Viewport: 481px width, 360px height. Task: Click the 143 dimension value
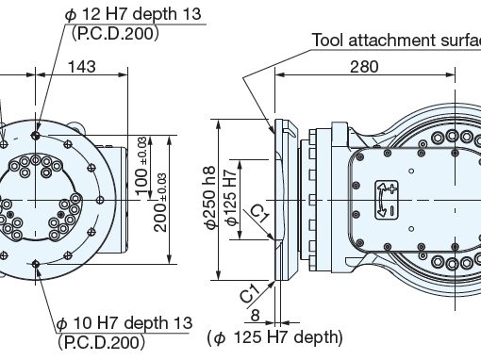[82, 67]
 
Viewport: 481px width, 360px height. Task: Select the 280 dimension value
[364, 67]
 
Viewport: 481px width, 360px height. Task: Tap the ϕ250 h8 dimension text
[209, 197]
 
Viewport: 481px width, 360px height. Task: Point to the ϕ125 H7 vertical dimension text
[231, 198]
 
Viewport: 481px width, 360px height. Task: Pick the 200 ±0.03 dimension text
[160, 203]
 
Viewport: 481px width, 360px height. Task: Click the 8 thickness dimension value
[256, 315]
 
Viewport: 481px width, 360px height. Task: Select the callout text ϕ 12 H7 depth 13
[133, 14]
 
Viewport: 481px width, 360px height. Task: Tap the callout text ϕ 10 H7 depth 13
[124, 323]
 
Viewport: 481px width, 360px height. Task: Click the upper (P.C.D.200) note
[115, 33]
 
